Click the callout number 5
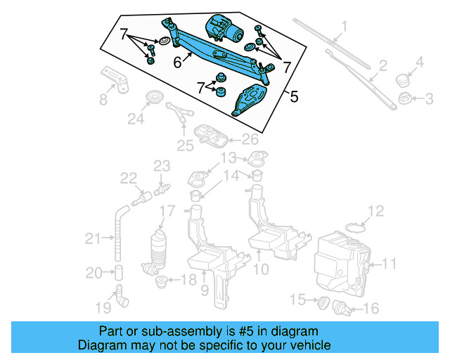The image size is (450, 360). (294, 97)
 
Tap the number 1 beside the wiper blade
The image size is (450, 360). (345, 29)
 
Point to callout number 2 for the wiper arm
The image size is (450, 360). (383, 67)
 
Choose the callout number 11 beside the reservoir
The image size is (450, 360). (389, 264)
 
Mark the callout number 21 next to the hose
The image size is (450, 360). (93, 240)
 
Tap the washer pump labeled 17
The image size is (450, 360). (160, 248)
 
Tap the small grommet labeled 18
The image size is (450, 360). (162, 282)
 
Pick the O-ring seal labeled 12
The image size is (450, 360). (357, 226)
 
